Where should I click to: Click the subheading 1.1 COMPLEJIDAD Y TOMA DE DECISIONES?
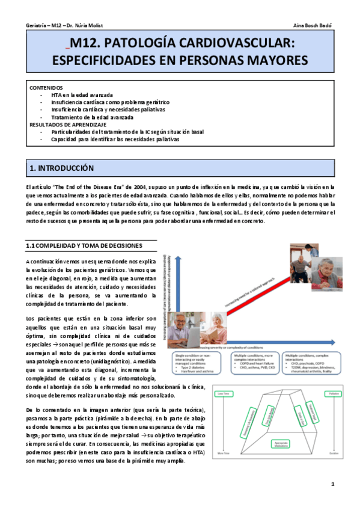pyautogui.click(x=84, y=246)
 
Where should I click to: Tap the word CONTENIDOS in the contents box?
pyautogui.click(x=46, y=88)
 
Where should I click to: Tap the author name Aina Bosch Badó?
pyautogui.click(x=313, y=25)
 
